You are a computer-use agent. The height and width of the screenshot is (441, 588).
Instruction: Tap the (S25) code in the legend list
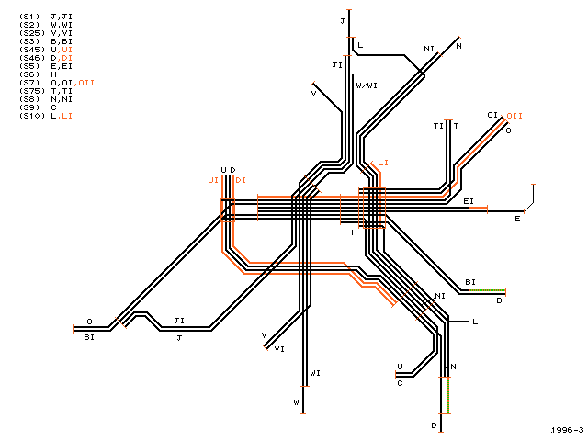point(32,33)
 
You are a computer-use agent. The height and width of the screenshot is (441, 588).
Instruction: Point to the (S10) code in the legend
point(32,116)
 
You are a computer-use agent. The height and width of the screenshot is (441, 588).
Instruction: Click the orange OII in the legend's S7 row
point(85,83)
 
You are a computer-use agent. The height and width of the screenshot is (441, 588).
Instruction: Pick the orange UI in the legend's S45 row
point(65,50)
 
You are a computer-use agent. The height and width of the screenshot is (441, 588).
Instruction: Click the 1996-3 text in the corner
point(568,430)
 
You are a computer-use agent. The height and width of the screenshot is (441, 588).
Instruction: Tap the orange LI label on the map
point(383,163)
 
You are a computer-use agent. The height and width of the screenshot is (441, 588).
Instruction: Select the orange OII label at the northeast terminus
point(514,116)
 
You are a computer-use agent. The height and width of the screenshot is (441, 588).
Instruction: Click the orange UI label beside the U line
point(213,180)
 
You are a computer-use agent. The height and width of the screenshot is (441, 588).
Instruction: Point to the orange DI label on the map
point(241,180)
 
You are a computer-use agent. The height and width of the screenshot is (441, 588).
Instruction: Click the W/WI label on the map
point(367,85)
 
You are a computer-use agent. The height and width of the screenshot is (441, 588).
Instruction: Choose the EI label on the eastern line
point(469,201)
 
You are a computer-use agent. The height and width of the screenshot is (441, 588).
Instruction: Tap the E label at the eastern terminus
point(517,219)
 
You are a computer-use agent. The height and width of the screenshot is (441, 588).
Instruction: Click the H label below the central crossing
point(354,232)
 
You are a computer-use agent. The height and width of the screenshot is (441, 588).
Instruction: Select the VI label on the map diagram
point(279,349)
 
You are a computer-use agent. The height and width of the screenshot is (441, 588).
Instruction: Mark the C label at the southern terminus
point(400,383)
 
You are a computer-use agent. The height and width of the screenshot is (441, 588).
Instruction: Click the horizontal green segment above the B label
point(487,290)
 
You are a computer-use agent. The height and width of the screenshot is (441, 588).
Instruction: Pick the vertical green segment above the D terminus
point(448,395)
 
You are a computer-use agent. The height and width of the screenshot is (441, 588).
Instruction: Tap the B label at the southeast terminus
point(499,300)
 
